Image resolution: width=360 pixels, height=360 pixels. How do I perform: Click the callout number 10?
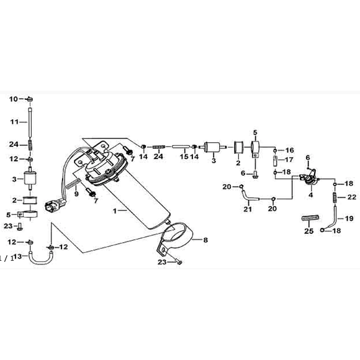pyautogui.click(x=13, y=99)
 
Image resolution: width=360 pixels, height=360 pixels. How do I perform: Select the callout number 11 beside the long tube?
pyautogui.click(x=14, y=122)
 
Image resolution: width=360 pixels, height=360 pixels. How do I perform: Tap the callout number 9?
pyautogui.click(x=76, y=194)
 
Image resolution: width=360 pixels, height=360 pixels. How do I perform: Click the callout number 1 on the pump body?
pyautogui.click(x=115, y=211)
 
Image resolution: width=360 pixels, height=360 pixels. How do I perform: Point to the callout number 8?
pyautogui.click(x=205, y=240)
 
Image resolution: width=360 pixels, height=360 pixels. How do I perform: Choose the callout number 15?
pyautogui.click(x=184, y=156)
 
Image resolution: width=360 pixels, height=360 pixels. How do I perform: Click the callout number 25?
pyautogui.click(x=309, y=231)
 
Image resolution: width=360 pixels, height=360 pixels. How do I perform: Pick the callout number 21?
pyautogui.click(x=248, y=209)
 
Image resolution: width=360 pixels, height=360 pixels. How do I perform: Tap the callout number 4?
pyautogui.click(x=310, y=195)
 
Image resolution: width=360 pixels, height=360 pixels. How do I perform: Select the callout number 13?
pyautogui.click(x=17, y=256)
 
